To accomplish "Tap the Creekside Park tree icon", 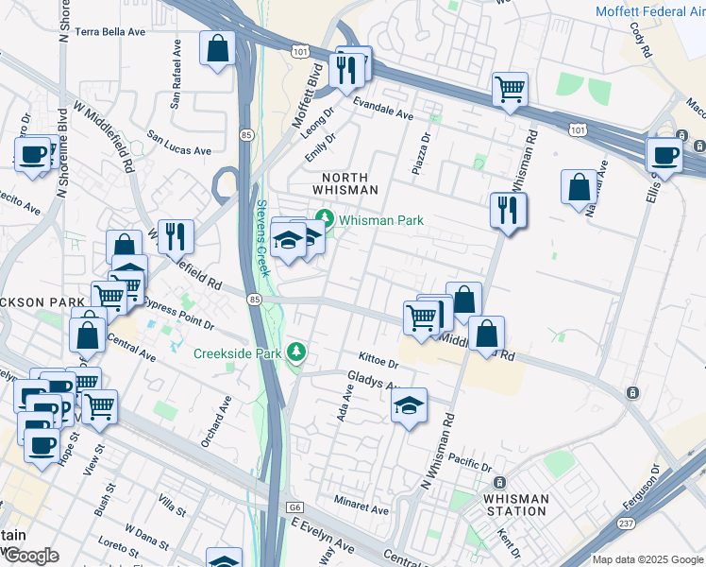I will coord(298,352).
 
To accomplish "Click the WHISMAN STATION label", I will coord(514,505).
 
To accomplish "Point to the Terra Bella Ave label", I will coord(110,31).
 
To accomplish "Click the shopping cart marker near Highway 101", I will coord(510,91).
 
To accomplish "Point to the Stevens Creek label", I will coord(262,236).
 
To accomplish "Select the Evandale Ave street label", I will coord(383,108).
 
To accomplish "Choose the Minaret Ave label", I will coord(360,509).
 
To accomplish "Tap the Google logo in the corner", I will coord(30,557).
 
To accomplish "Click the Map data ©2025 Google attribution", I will coord(647,559).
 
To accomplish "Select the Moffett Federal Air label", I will coord(649,11).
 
